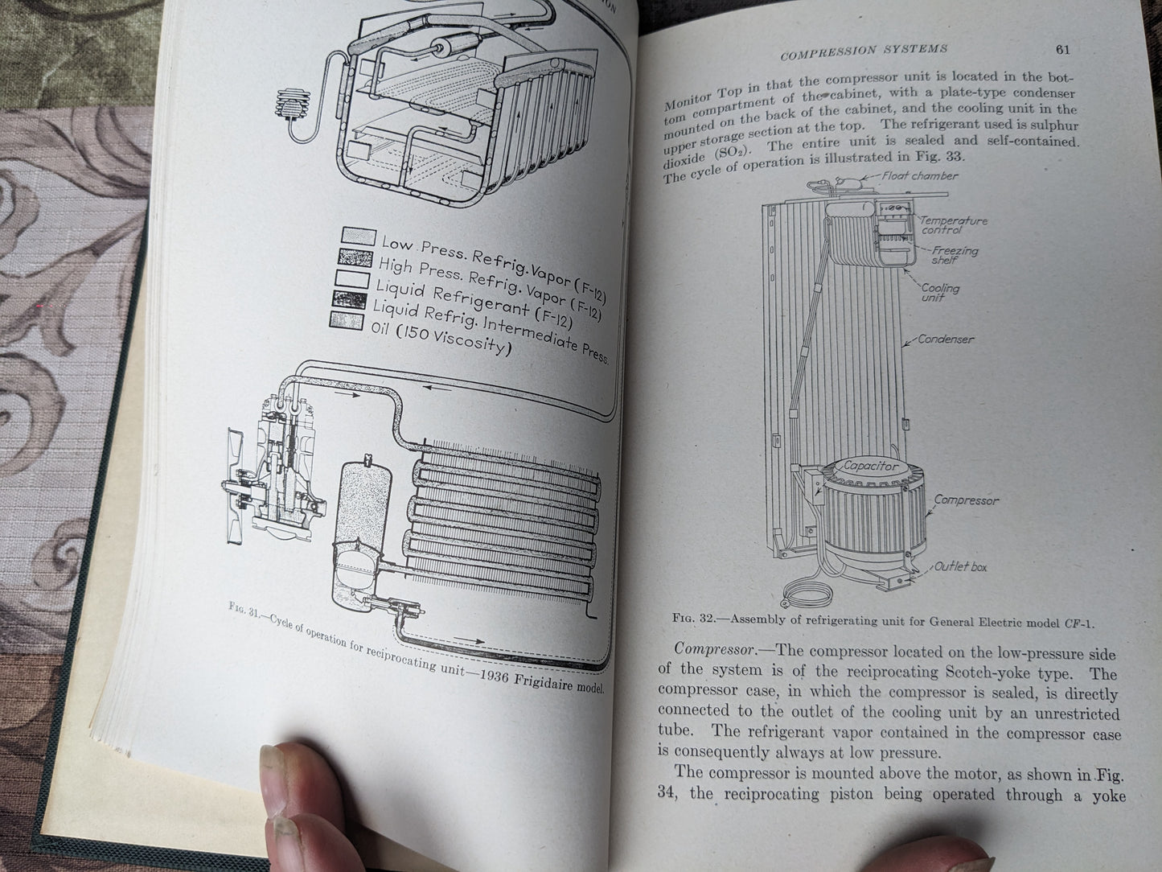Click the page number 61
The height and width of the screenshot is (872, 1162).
click(x=1062, y=50)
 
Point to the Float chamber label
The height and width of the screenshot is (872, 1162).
click(x=919, y=176)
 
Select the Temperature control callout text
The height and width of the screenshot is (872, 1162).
click(x=954, y=225)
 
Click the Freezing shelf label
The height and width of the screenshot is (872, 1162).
click(x=954, y=255)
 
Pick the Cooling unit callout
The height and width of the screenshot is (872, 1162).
click(x=940, y=292)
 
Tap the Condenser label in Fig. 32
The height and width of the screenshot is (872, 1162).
click(x=946, y=339)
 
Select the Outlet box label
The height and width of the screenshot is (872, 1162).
click(x=960, y=566)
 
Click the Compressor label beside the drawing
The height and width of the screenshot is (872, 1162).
click(x=966, y=500)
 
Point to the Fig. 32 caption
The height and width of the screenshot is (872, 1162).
click(x=882, y=620)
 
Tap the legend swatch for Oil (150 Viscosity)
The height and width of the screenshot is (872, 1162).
click(x=347, y=321)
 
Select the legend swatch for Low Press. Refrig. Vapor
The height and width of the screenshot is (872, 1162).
click(x=359, y=237)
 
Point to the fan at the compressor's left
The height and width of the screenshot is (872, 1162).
click(x=233, y=485)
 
